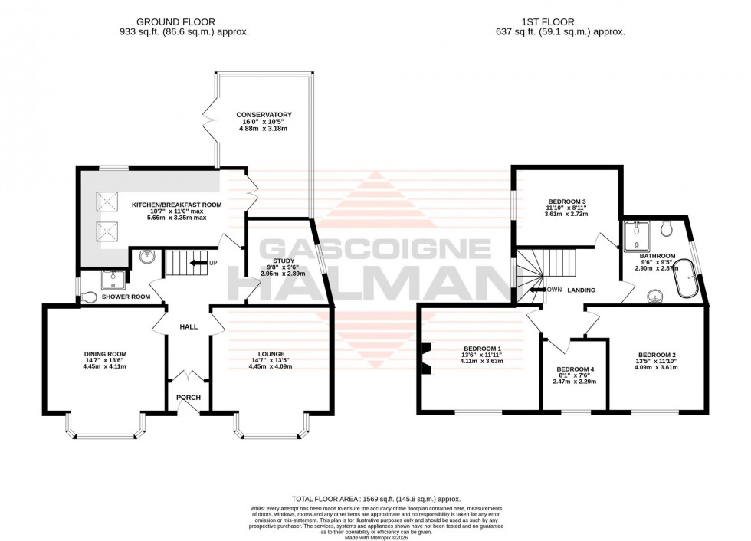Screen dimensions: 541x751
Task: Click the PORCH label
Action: point(189,397)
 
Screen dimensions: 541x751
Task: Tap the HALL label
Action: point(189,326)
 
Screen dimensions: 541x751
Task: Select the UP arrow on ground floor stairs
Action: point(198,263)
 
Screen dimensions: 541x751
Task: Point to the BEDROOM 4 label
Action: point(575,369)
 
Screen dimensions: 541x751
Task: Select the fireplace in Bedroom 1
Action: point(425,356)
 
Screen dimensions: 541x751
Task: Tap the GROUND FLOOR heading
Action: point(175,22)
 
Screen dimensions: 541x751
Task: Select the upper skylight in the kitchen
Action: point(107,202)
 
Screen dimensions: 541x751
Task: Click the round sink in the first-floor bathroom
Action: point(655,296)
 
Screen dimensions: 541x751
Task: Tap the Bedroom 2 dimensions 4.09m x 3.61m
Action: point(658,367)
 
